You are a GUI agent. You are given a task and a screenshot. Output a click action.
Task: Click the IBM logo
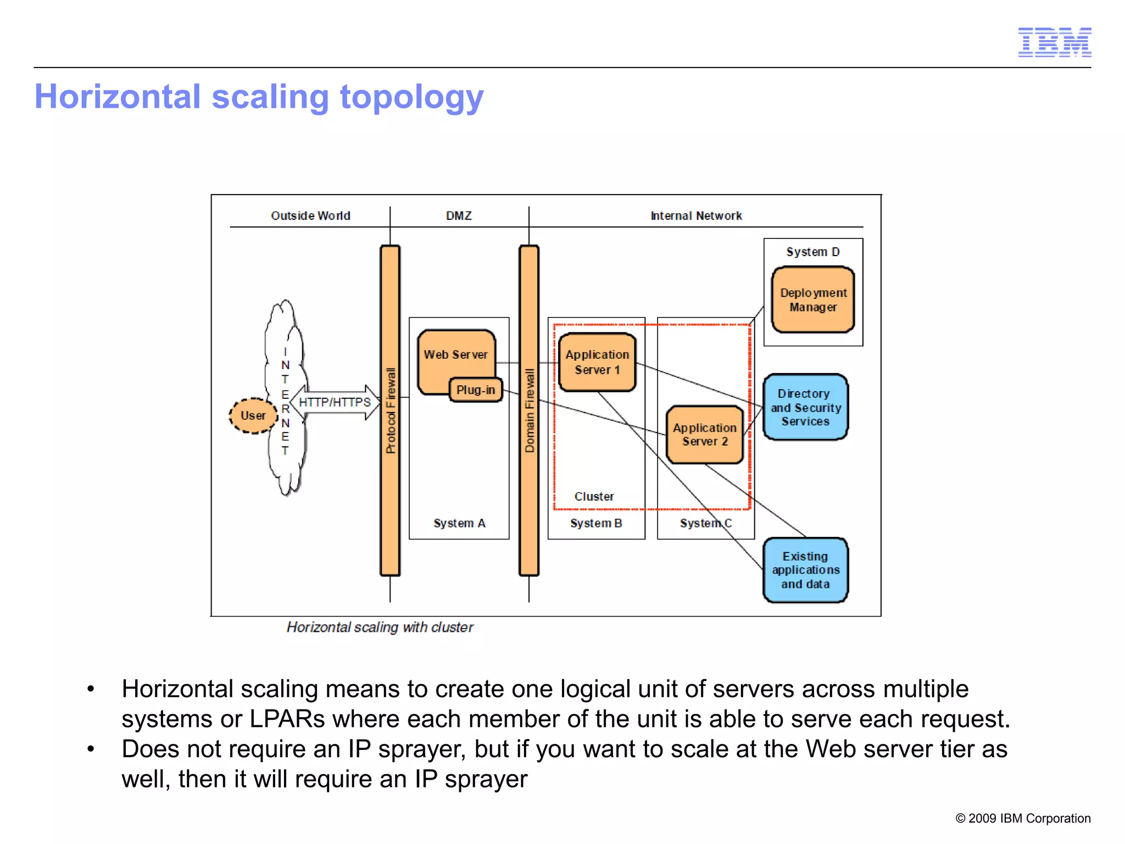[x=1054, y=42]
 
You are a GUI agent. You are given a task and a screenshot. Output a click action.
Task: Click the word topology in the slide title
[x=411, y=97]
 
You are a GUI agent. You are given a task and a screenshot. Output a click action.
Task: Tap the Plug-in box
[x=476, y=390]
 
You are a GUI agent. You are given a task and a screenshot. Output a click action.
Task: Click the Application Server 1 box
[x=597, y=362]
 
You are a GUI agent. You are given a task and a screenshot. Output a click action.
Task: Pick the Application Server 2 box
[x=704, y=434]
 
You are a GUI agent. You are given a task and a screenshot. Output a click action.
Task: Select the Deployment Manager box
[x=813, y=300]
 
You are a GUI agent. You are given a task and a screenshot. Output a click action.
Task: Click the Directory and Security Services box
[x=805, y=407]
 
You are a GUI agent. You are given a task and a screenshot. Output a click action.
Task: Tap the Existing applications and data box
[x=805, y=570]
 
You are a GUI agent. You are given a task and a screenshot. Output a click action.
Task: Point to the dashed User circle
[x=253, y=415]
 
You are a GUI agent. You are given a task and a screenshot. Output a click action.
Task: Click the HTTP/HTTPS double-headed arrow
[x=335, y=402]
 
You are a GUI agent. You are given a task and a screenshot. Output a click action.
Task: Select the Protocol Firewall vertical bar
[x=391, y=410]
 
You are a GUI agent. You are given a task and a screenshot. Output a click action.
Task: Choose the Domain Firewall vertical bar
[x=529, y=410]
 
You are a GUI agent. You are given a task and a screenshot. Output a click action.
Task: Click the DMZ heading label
[x=459, y=215]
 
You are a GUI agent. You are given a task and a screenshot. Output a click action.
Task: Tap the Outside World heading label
[x=310, y=215]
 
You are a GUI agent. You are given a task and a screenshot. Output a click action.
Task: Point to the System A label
[x=459, y=523]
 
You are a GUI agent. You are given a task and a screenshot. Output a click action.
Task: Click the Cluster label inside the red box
[x=594, y=496]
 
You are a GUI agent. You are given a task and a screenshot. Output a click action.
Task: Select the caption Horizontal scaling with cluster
[x=380, y=627]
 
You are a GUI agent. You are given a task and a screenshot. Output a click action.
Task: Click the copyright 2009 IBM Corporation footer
[x=1023, y=818]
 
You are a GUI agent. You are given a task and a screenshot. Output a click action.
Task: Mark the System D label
[x=812, y=252]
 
